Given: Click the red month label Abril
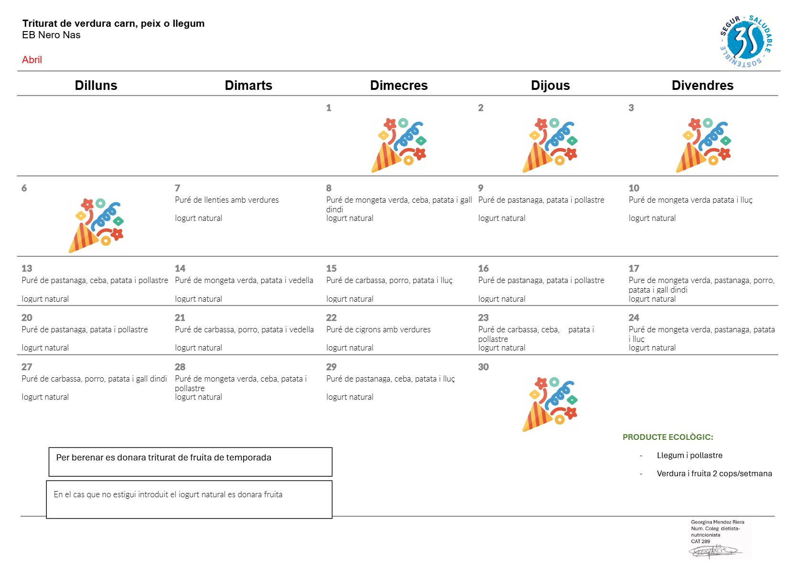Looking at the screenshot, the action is point(32,60).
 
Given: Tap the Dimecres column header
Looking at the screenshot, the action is point(399,86).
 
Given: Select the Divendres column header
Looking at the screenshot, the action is point(702,86).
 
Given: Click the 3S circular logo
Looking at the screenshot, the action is point(746,41).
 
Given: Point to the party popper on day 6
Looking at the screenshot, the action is point(96,226).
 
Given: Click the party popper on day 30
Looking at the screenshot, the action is point(550,404).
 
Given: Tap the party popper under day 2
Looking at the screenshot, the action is point(550,145).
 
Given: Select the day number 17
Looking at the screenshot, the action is point(633,268).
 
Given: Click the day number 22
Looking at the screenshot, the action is point(331,317).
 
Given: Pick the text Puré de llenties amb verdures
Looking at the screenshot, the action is point(227,200).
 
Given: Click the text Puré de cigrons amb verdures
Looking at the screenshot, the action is point(378,329).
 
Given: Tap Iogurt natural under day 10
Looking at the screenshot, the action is point(652,218).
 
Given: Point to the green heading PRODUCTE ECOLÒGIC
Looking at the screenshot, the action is point(667,437).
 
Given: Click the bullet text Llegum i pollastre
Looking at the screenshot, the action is point(689,456).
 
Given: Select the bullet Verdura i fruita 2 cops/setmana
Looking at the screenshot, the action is point(714,473).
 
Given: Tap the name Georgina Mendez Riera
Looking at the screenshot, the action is point(718,522).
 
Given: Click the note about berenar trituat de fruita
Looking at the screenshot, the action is point(164,458).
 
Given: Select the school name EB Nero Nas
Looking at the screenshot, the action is point(51,35).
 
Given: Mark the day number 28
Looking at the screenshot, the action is point(180,367).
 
